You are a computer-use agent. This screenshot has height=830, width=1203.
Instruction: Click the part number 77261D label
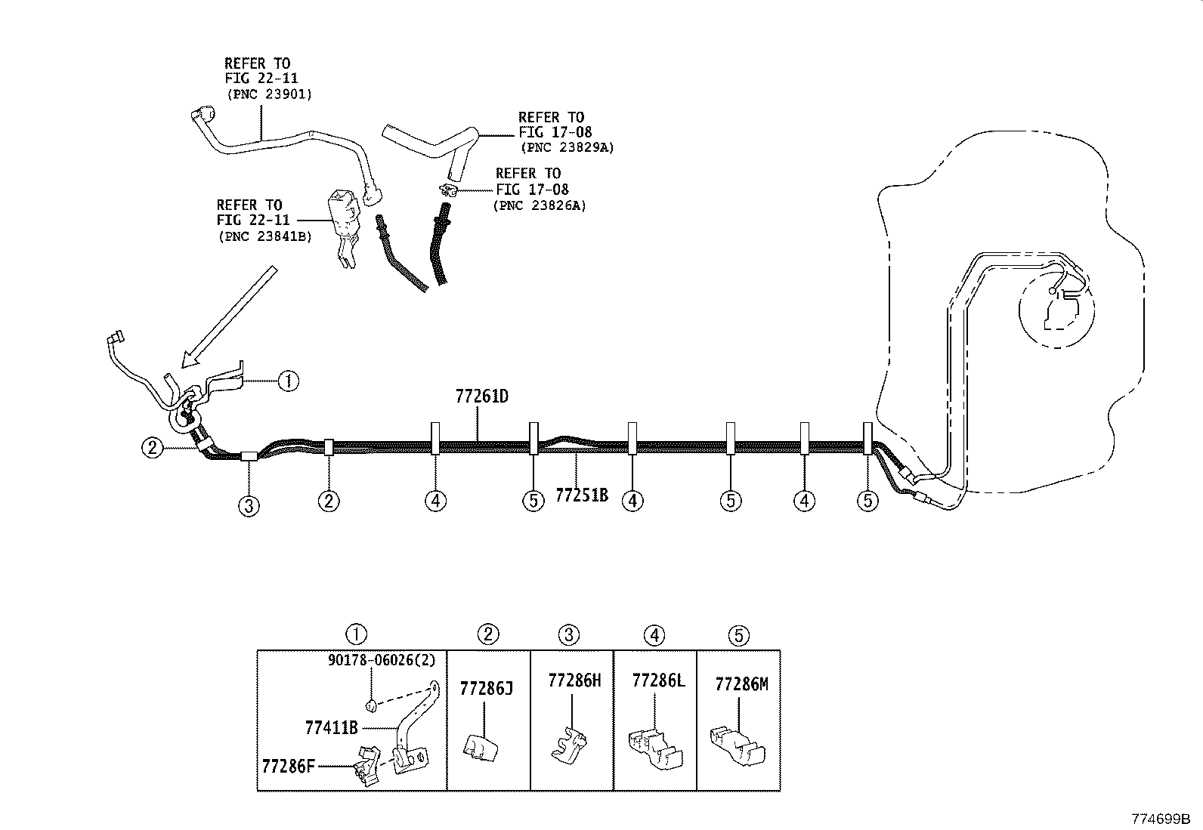[481, 396]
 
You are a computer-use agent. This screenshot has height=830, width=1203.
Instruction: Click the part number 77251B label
[581, 495]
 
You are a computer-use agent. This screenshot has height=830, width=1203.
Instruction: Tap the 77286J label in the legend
[486, 688]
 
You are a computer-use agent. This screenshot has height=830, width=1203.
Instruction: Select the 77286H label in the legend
[574, 680]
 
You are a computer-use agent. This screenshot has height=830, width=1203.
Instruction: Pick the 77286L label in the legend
[658, 680]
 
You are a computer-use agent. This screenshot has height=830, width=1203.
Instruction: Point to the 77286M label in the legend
[741, 684]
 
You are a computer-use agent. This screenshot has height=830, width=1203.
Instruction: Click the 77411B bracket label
[331, 728]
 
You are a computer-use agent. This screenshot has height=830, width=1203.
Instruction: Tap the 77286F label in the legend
[288, 766]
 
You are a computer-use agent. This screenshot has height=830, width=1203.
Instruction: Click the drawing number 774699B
[1160, 819]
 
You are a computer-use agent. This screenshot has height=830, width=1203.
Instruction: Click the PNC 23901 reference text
[269, 94]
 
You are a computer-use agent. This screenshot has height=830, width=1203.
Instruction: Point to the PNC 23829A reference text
[566, 148]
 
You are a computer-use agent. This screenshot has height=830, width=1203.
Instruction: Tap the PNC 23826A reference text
[540, 205]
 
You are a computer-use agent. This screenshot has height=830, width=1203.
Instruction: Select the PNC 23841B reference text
[264, 236]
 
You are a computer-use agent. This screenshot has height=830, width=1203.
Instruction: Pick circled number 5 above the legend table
[738, 635]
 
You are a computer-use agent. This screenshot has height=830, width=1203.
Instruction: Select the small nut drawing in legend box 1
[371, 706]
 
